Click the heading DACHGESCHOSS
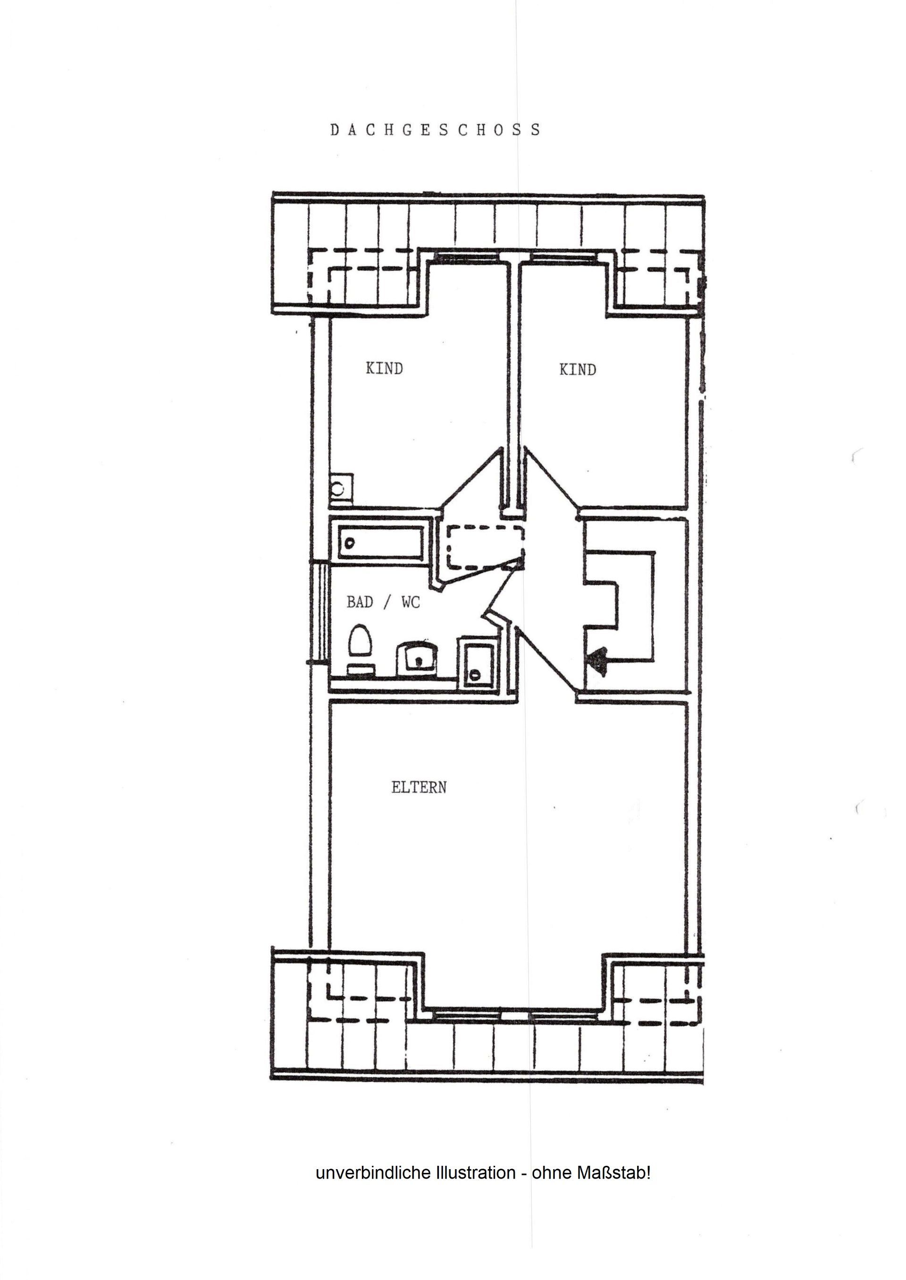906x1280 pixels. pyautogui.click(x=435, y=130)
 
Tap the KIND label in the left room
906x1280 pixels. pyautogui.click(x=385, y=368)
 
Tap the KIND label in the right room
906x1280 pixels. pyautogui.click(x=578, y=370)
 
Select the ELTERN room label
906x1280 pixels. pyautogui.click(x=419, y=788)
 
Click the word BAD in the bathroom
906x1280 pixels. pyautogui.click(x=360, y=602)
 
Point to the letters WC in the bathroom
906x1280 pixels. pyautogui.click(x=411, y=602)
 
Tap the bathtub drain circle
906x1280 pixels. pyautogui.click(x=350, y=542)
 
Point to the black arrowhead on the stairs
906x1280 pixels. pyautogui.click(x=596, y=661)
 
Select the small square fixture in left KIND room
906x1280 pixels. pyautogui.click(x=340, y=489)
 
